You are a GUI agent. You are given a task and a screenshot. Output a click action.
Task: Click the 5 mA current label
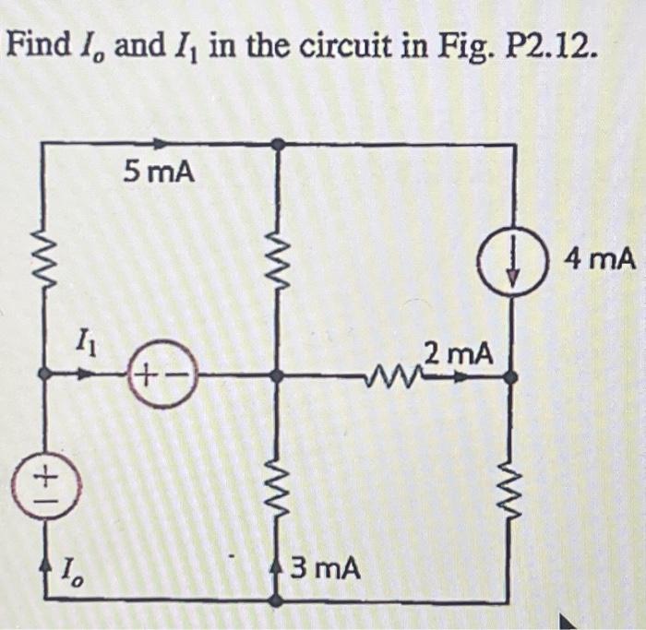pos(159,172)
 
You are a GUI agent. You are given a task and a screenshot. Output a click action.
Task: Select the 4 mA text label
pos(601,259)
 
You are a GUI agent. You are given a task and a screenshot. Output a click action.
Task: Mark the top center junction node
pos(278,144)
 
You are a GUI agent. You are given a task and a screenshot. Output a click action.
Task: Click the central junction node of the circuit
pos(278,375)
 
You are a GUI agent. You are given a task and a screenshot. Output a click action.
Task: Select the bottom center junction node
pos(278,600)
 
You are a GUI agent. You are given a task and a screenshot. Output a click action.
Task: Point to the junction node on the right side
pos(513,375)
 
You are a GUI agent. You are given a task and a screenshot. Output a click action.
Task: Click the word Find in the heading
pos(40,43)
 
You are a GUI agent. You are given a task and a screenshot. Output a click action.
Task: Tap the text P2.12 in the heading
pos(551,43)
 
